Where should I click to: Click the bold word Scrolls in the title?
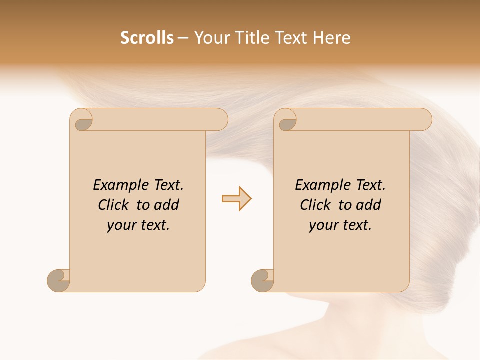pos(147,38)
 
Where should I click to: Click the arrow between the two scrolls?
pos(236,199)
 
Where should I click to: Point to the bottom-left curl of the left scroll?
pos(58,280)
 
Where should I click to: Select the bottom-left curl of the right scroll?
pos(262,280)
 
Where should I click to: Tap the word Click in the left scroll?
pos(115,205)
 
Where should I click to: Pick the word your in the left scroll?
pos(120,225)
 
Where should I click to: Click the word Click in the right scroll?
pos(315,205)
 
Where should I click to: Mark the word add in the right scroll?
pos(368,205)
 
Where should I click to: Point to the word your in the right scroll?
pos(322,225)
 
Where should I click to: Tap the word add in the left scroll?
pos(166,205)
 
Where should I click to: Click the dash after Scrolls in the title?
pos(183,38)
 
